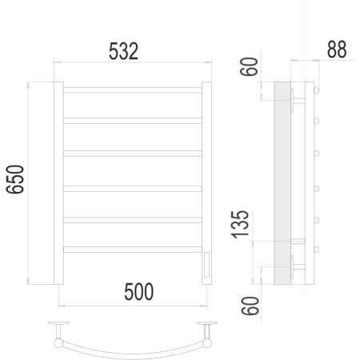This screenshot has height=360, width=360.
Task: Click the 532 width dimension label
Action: (123, 51)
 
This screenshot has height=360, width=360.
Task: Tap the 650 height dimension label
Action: (15, 179)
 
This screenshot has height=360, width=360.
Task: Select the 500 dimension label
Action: (138, 292)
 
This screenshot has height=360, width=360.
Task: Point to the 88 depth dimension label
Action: (337, 50)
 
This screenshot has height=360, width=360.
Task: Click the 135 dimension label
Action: (240, 225)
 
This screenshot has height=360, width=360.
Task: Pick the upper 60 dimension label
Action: (250, 66)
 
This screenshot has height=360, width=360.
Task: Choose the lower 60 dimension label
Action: (250, 306)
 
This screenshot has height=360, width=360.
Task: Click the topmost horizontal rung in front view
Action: (133, 90)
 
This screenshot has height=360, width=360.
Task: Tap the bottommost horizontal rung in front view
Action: (133, 250)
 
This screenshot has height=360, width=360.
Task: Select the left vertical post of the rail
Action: (58, 183)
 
